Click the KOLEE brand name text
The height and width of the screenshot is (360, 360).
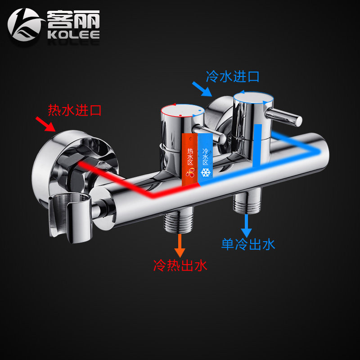(73, 35)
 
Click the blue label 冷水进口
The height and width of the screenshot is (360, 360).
(232, 76)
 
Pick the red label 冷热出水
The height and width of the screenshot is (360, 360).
(180, 265)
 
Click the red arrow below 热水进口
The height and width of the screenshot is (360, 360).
(46, 124)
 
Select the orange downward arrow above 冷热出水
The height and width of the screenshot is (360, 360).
(180, 247)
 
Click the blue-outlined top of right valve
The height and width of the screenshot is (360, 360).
(253, 96)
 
